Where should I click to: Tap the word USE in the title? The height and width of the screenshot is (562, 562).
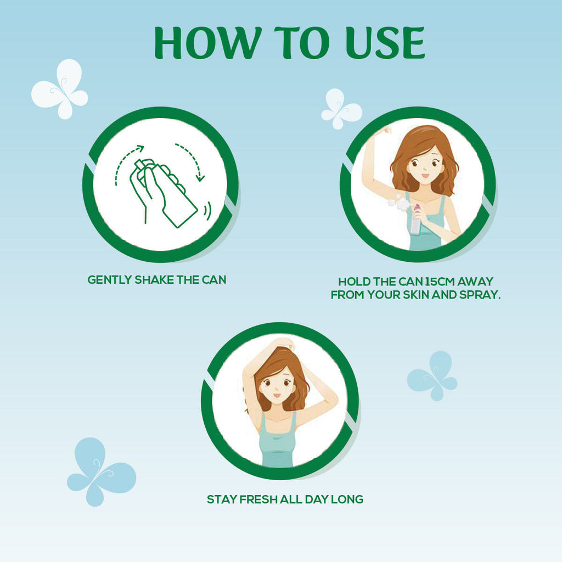385,43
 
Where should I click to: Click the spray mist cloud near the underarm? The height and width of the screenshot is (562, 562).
398,203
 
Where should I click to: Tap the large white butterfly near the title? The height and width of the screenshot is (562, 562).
60,89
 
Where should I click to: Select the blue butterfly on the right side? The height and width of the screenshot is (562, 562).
432,376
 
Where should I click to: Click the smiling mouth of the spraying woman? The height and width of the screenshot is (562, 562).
425,176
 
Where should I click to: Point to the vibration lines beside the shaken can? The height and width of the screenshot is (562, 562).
207,211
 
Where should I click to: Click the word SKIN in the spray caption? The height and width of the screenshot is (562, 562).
417,295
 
